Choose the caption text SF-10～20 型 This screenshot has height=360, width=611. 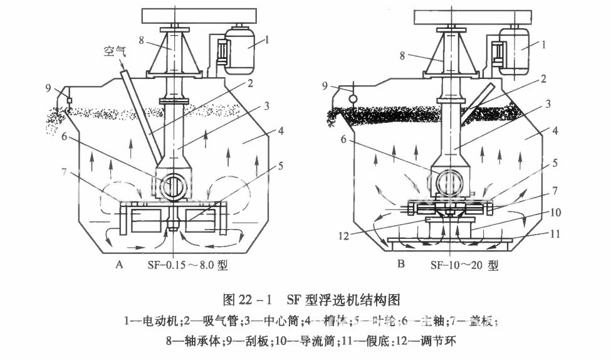pos(464,265)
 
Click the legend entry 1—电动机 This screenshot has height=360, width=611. pos(150,321)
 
